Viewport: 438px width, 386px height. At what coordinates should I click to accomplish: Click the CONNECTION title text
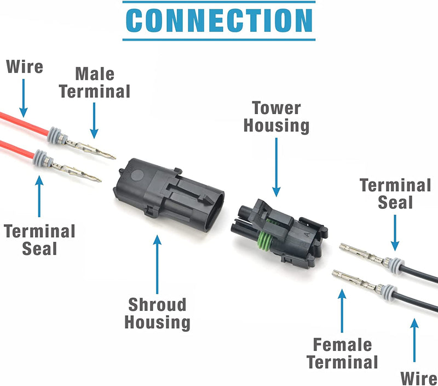[219, 21]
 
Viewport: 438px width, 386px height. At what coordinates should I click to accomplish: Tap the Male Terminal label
[95, 82]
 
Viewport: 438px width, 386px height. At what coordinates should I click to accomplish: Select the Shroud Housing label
[157, 313]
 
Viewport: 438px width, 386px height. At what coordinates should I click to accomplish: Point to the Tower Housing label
[276, 117]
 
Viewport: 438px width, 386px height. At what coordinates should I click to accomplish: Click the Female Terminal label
[342, 353]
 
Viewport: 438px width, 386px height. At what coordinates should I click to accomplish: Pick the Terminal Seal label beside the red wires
[39, 240]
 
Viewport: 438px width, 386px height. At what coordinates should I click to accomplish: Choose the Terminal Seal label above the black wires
[395, 194]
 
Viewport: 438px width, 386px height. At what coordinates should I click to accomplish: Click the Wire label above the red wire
[24, 67]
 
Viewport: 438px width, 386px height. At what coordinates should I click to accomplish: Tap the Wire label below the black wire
[418, 378]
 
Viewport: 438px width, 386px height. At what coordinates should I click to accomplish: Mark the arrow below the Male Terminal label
[94, 119]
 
